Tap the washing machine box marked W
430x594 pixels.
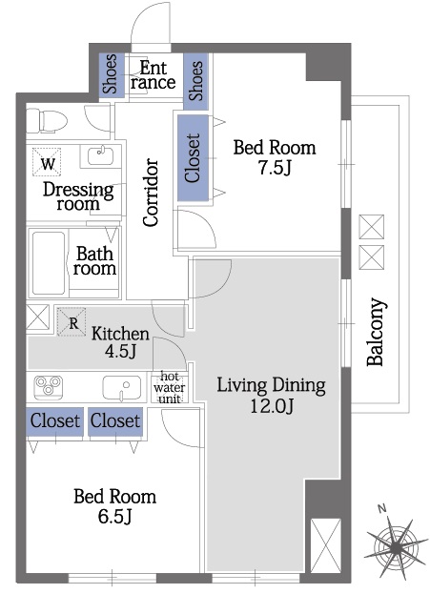tap(47, 162)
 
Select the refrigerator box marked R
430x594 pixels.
tap(72, 321)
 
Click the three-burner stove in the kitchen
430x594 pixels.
tap(48, 387)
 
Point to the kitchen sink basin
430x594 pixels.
tap(122, 387)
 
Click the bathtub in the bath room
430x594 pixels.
tap(49, 263)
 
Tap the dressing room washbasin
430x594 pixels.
tap(100, 155)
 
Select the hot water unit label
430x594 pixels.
tap(170, 387)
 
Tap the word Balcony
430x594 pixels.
tap(376, 332)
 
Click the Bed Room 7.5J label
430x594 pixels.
tap(274, 157)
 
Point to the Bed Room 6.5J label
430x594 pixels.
tap(114, 505)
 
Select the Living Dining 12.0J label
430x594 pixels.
tap(272, 395)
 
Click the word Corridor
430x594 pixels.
tap(151, 192)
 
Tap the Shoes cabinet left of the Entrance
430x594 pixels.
tap(112, 73)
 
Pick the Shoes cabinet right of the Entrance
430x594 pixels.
tap(195, 81)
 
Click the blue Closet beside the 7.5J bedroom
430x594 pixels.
tap(193, 157)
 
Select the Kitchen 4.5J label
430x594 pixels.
tap(120, 341)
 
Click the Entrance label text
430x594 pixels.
tap(154, 75)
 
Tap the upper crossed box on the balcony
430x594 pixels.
tap(371, 227)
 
